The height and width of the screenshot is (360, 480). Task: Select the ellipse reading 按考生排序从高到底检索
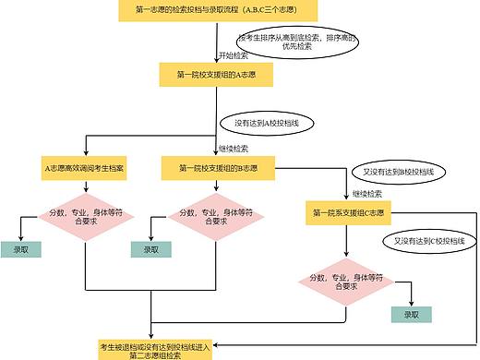pyautogui.click(x=297, y=42)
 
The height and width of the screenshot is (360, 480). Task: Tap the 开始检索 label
pyautogui.click(x=233, y=55)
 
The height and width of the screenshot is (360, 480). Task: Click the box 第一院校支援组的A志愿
pyautogui.click(x=216, y=75)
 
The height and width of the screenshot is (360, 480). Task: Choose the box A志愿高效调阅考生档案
pyautogui.click(x=85, y=169)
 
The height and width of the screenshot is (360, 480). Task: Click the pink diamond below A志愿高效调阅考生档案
pyautogui.click(x=85, y=218)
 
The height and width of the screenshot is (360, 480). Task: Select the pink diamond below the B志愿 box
pyautogui.click(x=215, y=218)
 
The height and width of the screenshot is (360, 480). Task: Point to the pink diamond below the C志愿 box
pyautogui.click(x=344, y=282)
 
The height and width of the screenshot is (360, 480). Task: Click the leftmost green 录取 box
pyautogui.click(x=21, y=249)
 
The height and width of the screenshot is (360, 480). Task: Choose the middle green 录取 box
pyautogui.click(x=150, y=249)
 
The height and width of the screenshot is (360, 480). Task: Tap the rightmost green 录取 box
pyautogui.click(x=412, y=315)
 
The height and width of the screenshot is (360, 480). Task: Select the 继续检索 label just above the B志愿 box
pyautogui.click(x=233, y=148)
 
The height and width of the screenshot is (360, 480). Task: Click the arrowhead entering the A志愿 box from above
pyautogui.click(x=216, y=62)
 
